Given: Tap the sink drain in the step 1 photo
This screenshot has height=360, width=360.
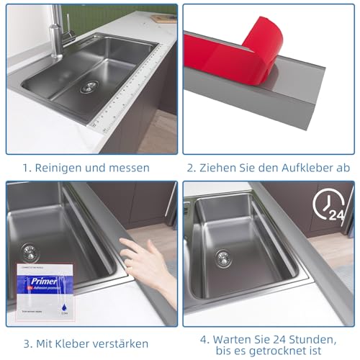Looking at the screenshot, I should tap(88, 87).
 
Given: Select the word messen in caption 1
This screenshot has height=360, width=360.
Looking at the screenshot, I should tap(130, 168).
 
